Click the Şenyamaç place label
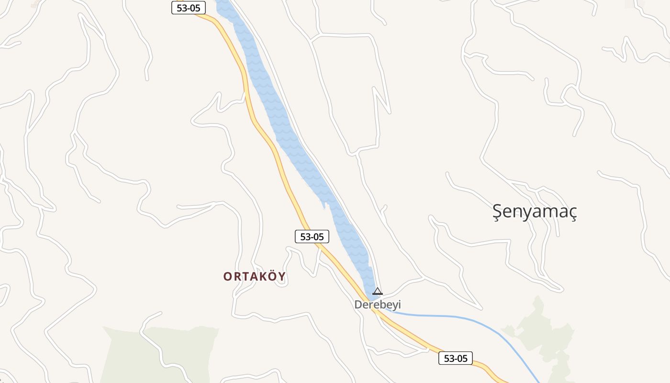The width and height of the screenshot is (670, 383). (x=535, y=211)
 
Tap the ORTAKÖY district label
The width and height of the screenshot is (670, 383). (x=254, y=276)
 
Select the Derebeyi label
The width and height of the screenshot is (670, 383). (x=377, y=304)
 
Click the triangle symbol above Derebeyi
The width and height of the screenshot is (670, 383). (x=378, y=291)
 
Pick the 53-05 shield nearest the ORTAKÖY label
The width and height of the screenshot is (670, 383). (x=312, y=237)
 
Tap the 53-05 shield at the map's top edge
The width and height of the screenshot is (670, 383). (x=189, y=8)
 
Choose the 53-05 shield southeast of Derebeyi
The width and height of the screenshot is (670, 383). (x=455, y=358)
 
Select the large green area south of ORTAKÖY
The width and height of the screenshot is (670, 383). (x=158, y=354)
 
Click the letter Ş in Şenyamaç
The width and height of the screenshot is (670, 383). (x=498, y=211)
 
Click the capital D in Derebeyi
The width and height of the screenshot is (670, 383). (x=358, y=304)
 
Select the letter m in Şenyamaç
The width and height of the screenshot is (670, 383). (x=546, y=212)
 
